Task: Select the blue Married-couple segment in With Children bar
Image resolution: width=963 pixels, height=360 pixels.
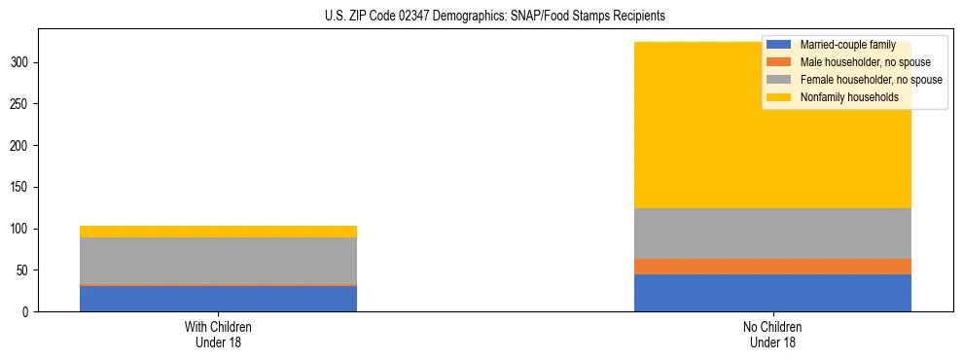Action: point(218,298)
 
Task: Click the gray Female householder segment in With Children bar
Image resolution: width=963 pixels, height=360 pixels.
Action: point(218,261)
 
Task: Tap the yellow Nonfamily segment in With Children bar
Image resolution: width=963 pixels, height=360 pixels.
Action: point(218,232)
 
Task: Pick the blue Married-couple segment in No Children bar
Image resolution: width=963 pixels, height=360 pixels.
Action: point(772,293)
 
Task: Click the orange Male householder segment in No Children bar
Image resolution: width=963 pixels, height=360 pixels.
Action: point(772,267)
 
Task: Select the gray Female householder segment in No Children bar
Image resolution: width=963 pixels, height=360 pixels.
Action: point(772,234)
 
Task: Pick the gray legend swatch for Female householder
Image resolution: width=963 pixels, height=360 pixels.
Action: point(779,80)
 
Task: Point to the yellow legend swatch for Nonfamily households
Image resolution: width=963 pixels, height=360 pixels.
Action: point(779,97)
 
